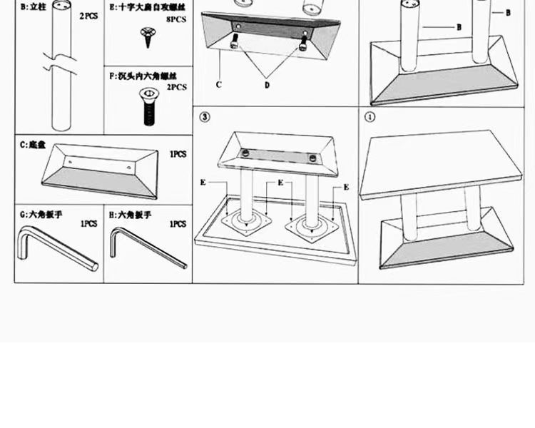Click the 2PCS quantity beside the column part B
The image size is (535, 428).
coord(88,16)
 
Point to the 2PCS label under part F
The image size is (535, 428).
coord(176,88)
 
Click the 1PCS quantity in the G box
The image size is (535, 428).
coord(88,224)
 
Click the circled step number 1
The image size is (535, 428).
coord(370,117)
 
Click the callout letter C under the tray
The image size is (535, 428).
coord(219,85)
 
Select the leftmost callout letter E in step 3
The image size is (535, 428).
coord(203,183)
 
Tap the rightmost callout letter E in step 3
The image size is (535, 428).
coord(346,188)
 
